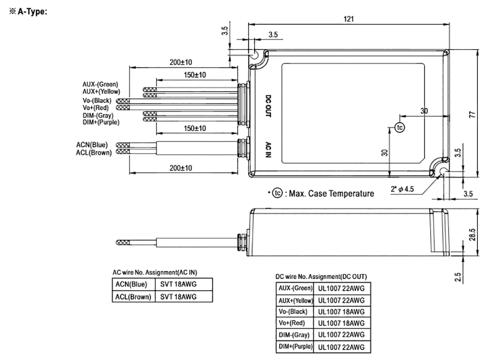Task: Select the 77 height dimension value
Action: [484, 114]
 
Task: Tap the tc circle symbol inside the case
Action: [399, 127]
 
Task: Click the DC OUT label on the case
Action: [268, 107]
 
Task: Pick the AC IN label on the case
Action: [268, 150]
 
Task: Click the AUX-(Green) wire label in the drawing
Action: [100, 85]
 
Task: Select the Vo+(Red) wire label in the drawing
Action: [97, 108]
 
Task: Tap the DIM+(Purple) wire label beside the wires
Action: [101, 122]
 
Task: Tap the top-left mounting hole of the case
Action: [256, 55]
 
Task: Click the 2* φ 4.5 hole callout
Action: [403, 189]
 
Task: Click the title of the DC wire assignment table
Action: [321, 276]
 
